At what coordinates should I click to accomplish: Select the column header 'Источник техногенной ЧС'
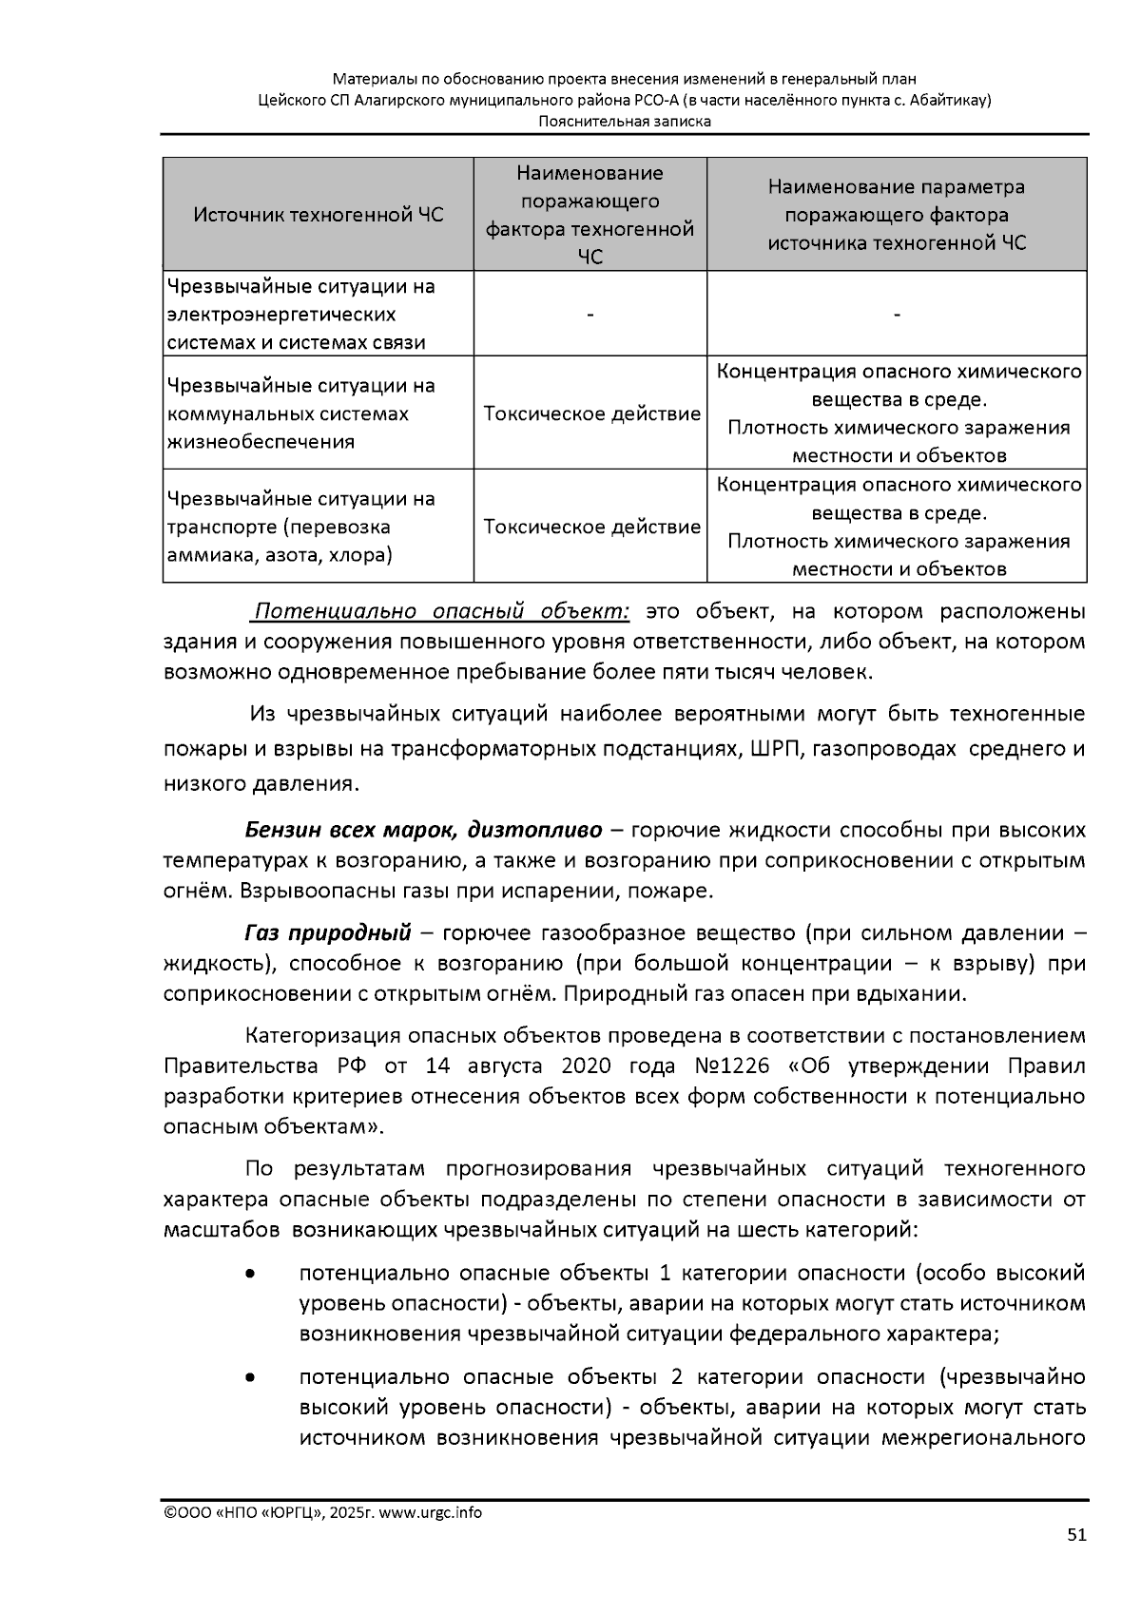click(318, 215)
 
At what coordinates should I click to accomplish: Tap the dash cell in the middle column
click(590, 315)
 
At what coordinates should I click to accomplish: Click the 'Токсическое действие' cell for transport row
click(591, 527)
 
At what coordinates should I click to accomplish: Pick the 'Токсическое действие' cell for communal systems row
click(591, 414)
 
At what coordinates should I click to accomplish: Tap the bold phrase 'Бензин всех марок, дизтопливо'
click(423, 830)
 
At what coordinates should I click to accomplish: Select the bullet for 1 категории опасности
click(250, 1274)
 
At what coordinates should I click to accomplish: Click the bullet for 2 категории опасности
click(250, 1377)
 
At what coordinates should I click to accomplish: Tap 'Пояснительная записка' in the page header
click(624, 121)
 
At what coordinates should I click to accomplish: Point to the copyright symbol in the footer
click(170, 1512)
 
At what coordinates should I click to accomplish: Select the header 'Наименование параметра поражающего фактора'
click(897, 201)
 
